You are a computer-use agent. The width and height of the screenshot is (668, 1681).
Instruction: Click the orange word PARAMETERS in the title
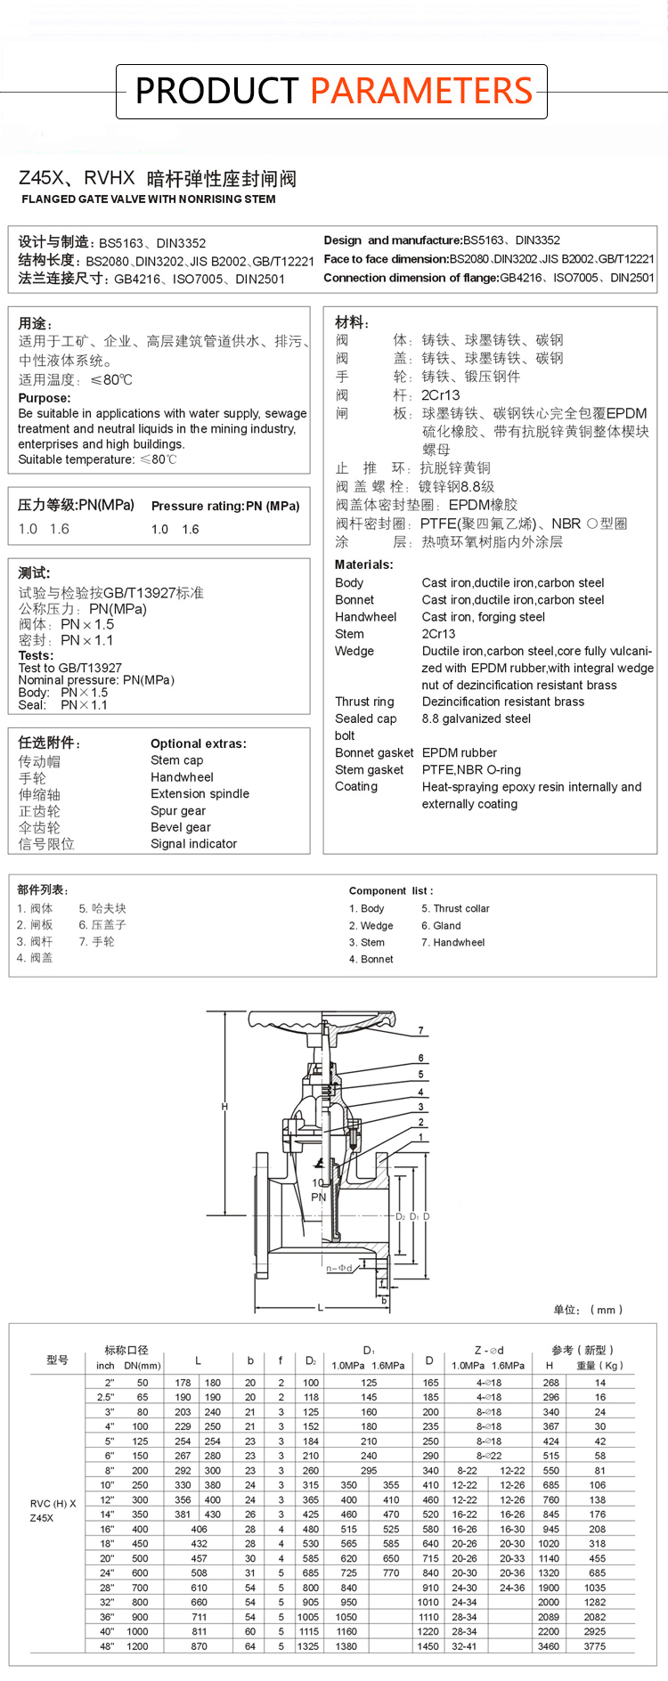pyautogui.click(x=421, y=91)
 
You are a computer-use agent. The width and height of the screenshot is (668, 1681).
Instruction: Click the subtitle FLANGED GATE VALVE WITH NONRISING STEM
pyautogui.click(x=149, y=199)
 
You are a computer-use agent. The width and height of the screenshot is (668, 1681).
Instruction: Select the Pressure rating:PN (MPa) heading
pyautogui.click(x=225, y=506)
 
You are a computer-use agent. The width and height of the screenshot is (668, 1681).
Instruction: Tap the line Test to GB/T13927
pyautogui.click(x=70, y=668)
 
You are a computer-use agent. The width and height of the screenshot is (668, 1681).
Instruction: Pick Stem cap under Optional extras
pyautogui.click(x=177, y=760)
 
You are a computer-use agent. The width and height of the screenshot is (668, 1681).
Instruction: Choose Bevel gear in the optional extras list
pyautogui.click(x=181, y=827)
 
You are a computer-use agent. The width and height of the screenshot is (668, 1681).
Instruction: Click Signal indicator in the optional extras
pyautogui.click(x=194, y=844)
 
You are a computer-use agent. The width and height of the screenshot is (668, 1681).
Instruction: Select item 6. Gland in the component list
pyautogui.click(x=441, y=926)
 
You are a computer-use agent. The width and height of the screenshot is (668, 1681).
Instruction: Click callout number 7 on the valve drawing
pyautogui.click(x=420, y=1031)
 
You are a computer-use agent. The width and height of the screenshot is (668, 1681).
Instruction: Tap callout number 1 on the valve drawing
pyautogui.click(x=420, y=1137)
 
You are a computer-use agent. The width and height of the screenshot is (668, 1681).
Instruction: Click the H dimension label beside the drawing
pyautogui.click(x=224, y=1107)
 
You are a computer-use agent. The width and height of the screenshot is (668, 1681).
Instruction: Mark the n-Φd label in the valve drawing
pyautogui.click(x=339, y=1268)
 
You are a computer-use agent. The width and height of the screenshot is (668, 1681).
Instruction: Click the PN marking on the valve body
pyautogui.click(x=319, y=1197)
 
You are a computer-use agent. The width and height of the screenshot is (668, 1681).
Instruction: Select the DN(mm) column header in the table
pyautogui.click(x=143, y=1366)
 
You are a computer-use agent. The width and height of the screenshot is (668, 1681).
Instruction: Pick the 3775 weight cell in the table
pyautogui.click(x=594, y=1646)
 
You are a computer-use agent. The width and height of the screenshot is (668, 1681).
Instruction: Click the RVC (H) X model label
pyautogui.click(x=53, y=1504)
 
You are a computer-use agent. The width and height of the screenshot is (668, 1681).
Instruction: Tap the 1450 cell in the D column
pyautogui.click(x=428, y=1646)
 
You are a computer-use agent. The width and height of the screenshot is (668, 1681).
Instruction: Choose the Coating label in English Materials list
pyautogui.click(x=356, y=786)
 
